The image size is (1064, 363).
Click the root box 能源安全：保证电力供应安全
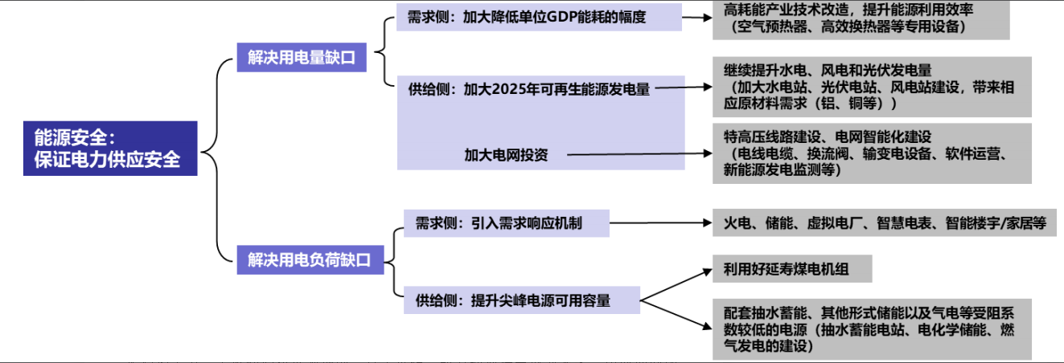coord(110,149)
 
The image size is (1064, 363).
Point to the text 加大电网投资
coord(506,155)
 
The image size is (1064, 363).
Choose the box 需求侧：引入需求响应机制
coord(506,222)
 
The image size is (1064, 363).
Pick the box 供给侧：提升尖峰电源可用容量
coord(521,300)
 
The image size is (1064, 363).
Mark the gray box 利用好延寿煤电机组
coord(792,269)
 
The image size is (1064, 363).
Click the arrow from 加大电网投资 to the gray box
coord(635,153)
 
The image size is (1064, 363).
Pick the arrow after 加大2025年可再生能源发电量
coord(680,88)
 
